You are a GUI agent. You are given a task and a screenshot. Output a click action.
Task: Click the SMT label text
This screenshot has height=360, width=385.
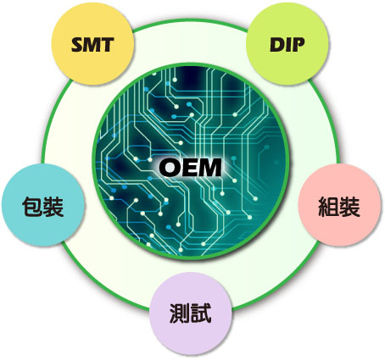[x=92, y=45]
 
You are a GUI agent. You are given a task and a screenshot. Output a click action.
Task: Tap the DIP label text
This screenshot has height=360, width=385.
[x=287, y=45]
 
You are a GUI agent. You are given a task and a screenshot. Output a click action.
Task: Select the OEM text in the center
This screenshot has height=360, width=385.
[x=190, y=168]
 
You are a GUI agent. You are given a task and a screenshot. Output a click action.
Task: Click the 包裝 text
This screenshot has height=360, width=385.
[x=42, y=207]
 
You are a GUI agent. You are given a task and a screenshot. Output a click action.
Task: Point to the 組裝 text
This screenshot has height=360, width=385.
[x=339, y=207]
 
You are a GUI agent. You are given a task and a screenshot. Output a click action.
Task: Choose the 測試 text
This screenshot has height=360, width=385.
[x=191, y=313]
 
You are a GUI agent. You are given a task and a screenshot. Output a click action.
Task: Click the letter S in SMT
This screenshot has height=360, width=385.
[x=78, y=45]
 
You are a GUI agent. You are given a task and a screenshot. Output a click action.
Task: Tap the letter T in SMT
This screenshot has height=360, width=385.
[x=108, y=45]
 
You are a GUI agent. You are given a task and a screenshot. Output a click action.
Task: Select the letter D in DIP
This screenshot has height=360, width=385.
[x=276, y=45]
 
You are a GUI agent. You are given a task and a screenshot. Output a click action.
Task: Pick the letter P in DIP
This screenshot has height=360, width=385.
[x=299, y=45]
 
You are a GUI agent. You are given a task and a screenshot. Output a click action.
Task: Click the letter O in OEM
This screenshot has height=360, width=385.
[x=170, y=168]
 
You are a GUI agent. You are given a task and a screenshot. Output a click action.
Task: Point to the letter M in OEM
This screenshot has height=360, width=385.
[x=209, y=168]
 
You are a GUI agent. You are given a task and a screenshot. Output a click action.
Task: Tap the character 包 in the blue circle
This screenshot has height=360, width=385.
[x=32, y=207]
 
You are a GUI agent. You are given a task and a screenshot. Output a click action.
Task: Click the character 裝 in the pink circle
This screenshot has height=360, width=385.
[x=350, y=207]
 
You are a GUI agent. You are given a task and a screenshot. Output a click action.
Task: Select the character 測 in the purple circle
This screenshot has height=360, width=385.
[x=180, y=313]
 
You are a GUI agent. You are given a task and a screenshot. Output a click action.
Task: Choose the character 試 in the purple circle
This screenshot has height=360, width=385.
[x=201, y=313]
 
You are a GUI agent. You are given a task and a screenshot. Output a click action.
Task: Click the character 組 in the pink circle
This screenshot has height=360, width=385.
[x=328, y=207]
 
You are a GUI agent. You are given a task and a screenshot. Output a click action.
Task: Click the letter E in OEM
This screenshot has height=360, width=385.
[x=188, y=168]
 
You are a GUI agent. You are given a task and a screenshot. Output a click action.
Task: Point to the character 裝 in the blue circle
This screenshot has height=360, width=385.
[x=53, y=207]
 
